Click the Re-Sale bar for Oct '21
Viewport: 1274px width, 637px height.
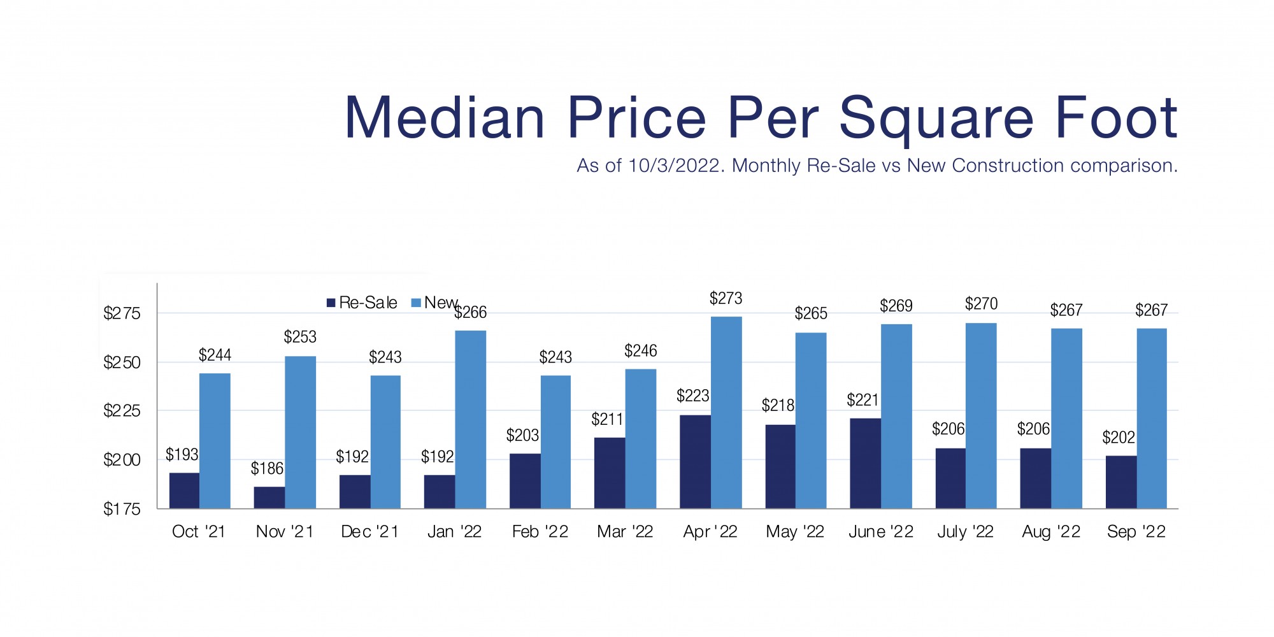184,490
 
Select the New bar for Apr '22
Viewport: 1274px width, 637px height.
726,412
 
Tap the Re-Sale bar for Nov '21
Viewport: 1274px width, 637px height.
269,497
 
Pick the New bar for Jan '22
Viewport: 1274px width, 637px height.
470,419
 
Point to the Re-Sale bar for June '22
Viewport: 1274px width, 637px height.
865,463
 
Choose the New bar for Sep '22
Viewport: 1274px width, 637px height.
1152,418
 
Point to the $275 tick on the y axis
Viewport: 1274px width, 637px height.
122,313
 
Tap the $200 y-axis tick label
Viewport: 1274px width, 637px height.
122,460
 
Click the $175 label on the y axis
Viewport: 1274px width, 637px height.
122,509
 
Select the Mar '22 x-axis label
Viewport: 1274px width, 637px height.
625,532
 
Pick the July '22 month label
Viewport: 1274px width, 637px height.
965,532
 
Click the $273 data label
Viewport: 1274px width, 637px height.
726,298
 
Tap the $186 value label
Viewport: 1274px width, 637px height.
267,469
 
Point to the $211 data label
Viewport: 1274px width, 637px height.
607,419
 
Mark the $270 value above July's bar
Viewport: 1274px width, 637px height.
981,304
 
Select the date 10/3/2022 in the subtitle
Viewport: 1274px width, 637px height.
675,166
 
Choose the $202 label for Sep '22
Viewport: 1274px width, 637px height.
1119,438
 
